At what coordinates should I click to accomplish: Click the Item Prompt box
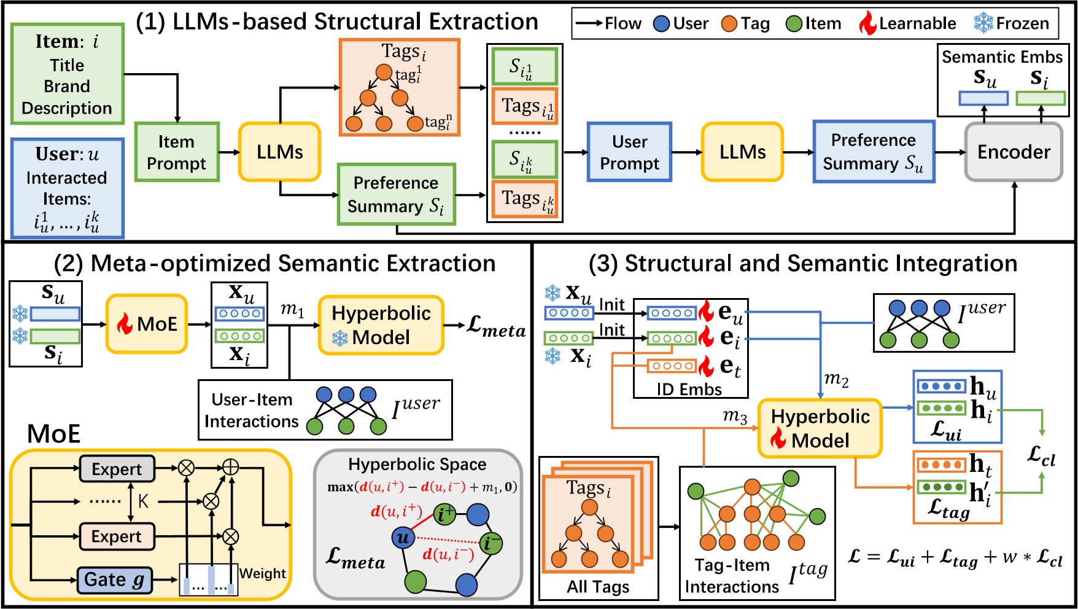(177, 152)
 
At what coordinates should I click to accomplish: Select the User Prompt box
(629, 152)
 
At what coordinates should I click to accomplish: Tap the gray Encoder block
(1014, 152)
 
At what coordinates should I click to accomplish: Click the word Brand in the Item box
(67, 86)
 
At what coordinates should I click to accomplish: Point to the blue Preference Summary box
(874, 152)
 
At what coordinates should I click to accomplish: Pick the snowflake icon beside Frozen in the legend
(983, 23)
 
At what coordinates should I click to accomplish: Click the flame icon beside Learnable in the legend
(867, 23)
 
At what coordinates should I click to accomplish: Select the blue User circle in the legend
(661, 24)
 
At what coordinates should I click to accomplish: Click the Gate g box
(115, 580)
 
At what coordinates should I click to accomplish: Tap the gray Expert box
(117, 470)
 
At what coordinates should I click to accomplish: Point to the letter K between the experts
(143, 501)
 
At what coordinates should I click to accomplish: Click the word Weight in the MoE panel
(262, 573)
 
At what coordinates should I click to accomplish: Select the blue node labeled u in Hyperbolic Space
(402, 538)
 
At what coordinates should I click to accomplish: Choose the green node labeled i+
(444, 514)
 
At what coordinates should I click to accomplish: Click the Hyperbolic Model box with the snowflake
(381, 325)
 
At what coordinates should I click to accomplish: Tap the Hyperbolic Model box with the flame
(820, 428)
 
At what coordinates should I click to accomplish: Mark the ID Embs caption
(689, 390)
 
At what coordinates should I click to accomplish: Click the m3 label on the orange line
(735, 416)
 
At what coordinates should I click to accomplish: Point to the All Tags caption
(598, 587)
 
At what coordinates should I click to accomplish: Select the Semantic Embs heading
(1002, 57)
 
